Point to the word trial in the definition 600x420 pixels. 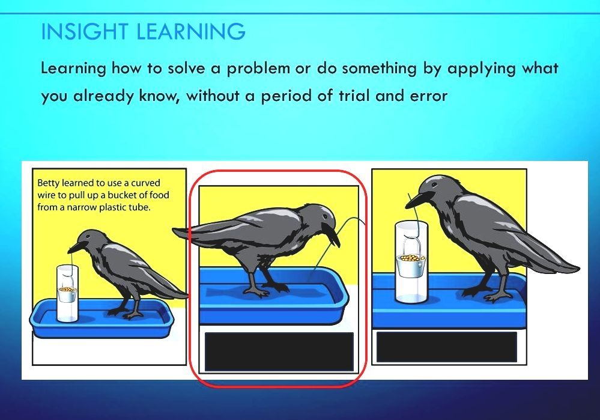[354, 96]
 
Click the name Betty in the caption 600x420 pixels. [49, 183]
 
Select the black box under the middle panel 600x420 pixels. [279, 352]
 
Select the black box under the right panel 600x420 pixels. [446, 347]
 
